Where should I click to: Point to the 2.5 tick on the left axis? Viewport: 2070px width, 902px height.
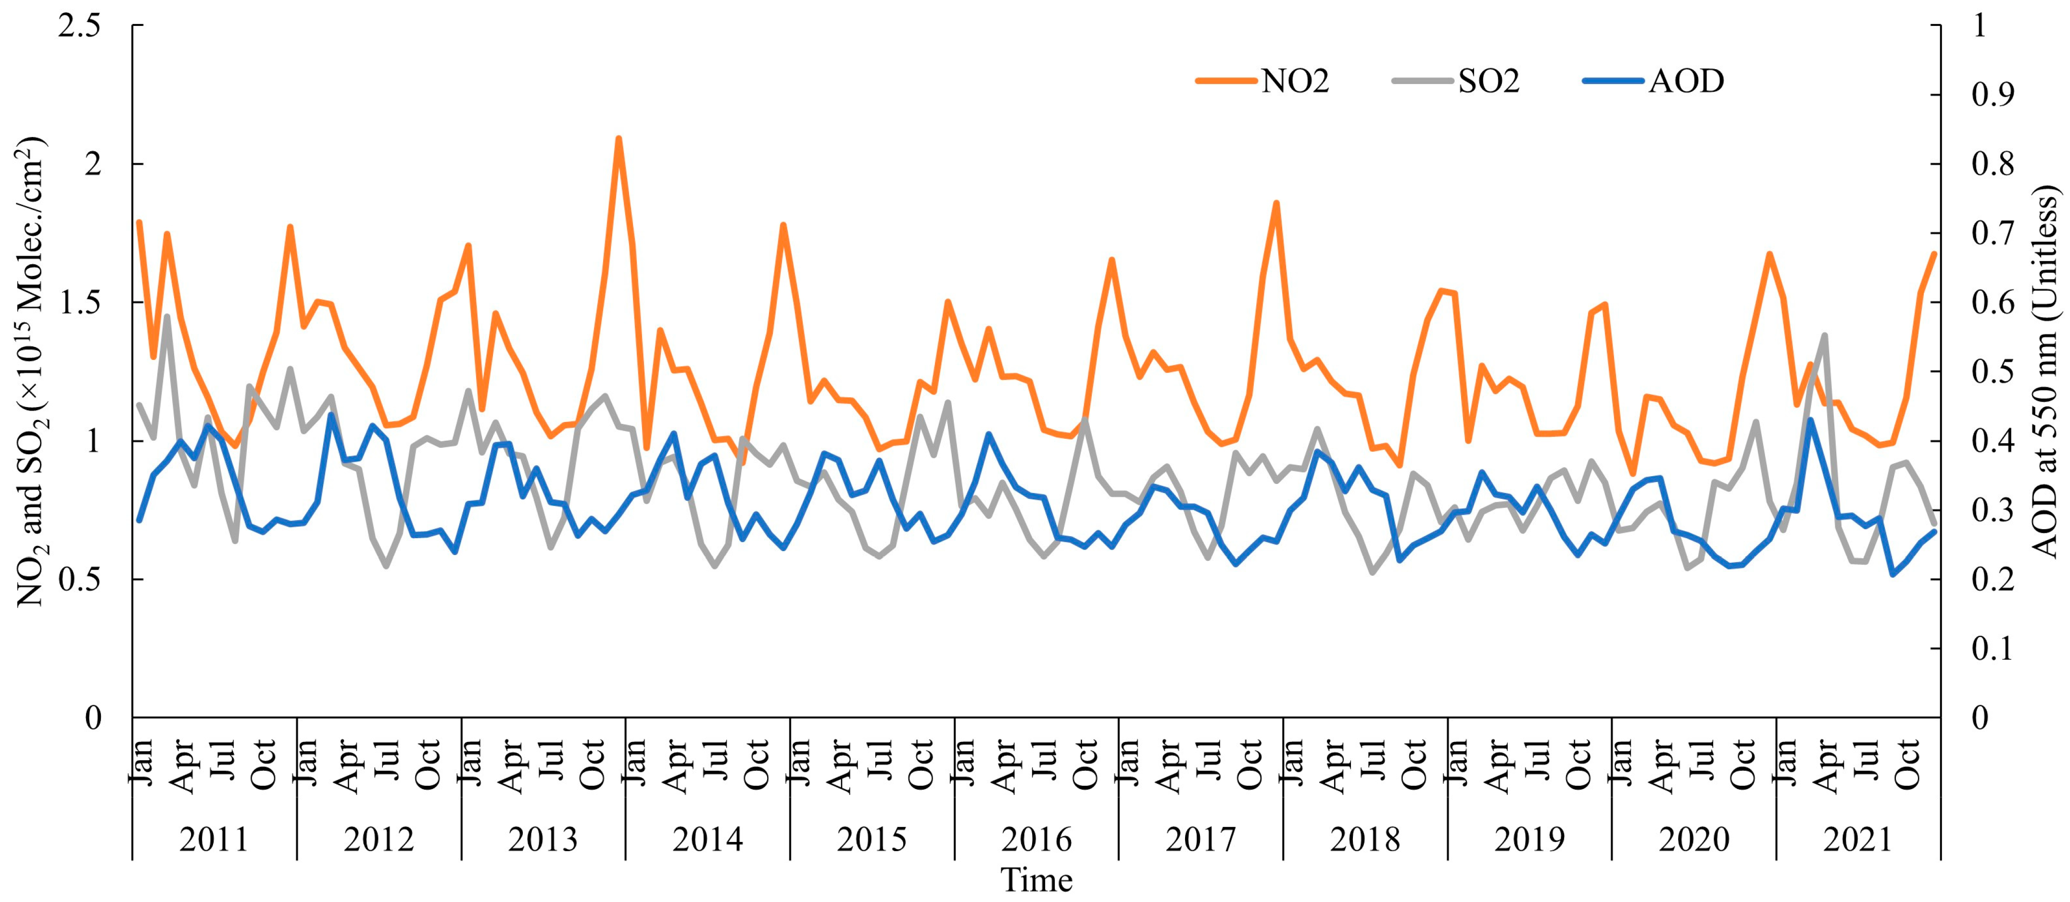(x=80, y=25)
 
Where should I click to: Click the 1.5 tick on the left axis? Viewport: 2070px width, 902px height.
(x=80, y=303)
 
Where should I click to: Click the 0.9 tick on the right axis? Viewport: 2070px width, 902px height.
(x=1993, y=95)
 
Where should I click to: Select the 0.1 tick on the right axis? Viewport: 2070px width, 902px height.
(x=1993, y=648)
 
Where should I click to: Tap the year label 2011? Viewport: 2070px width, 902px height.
(x=214, y=840)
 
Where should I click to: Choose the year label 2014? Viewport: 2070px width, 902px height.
(x=707, y=840)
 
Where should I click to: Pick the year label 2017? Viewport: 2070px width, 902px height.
(x=1200, y=840)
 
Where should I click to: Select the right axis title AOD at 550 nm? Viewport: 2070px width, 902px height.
(x=2045, y=371)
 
